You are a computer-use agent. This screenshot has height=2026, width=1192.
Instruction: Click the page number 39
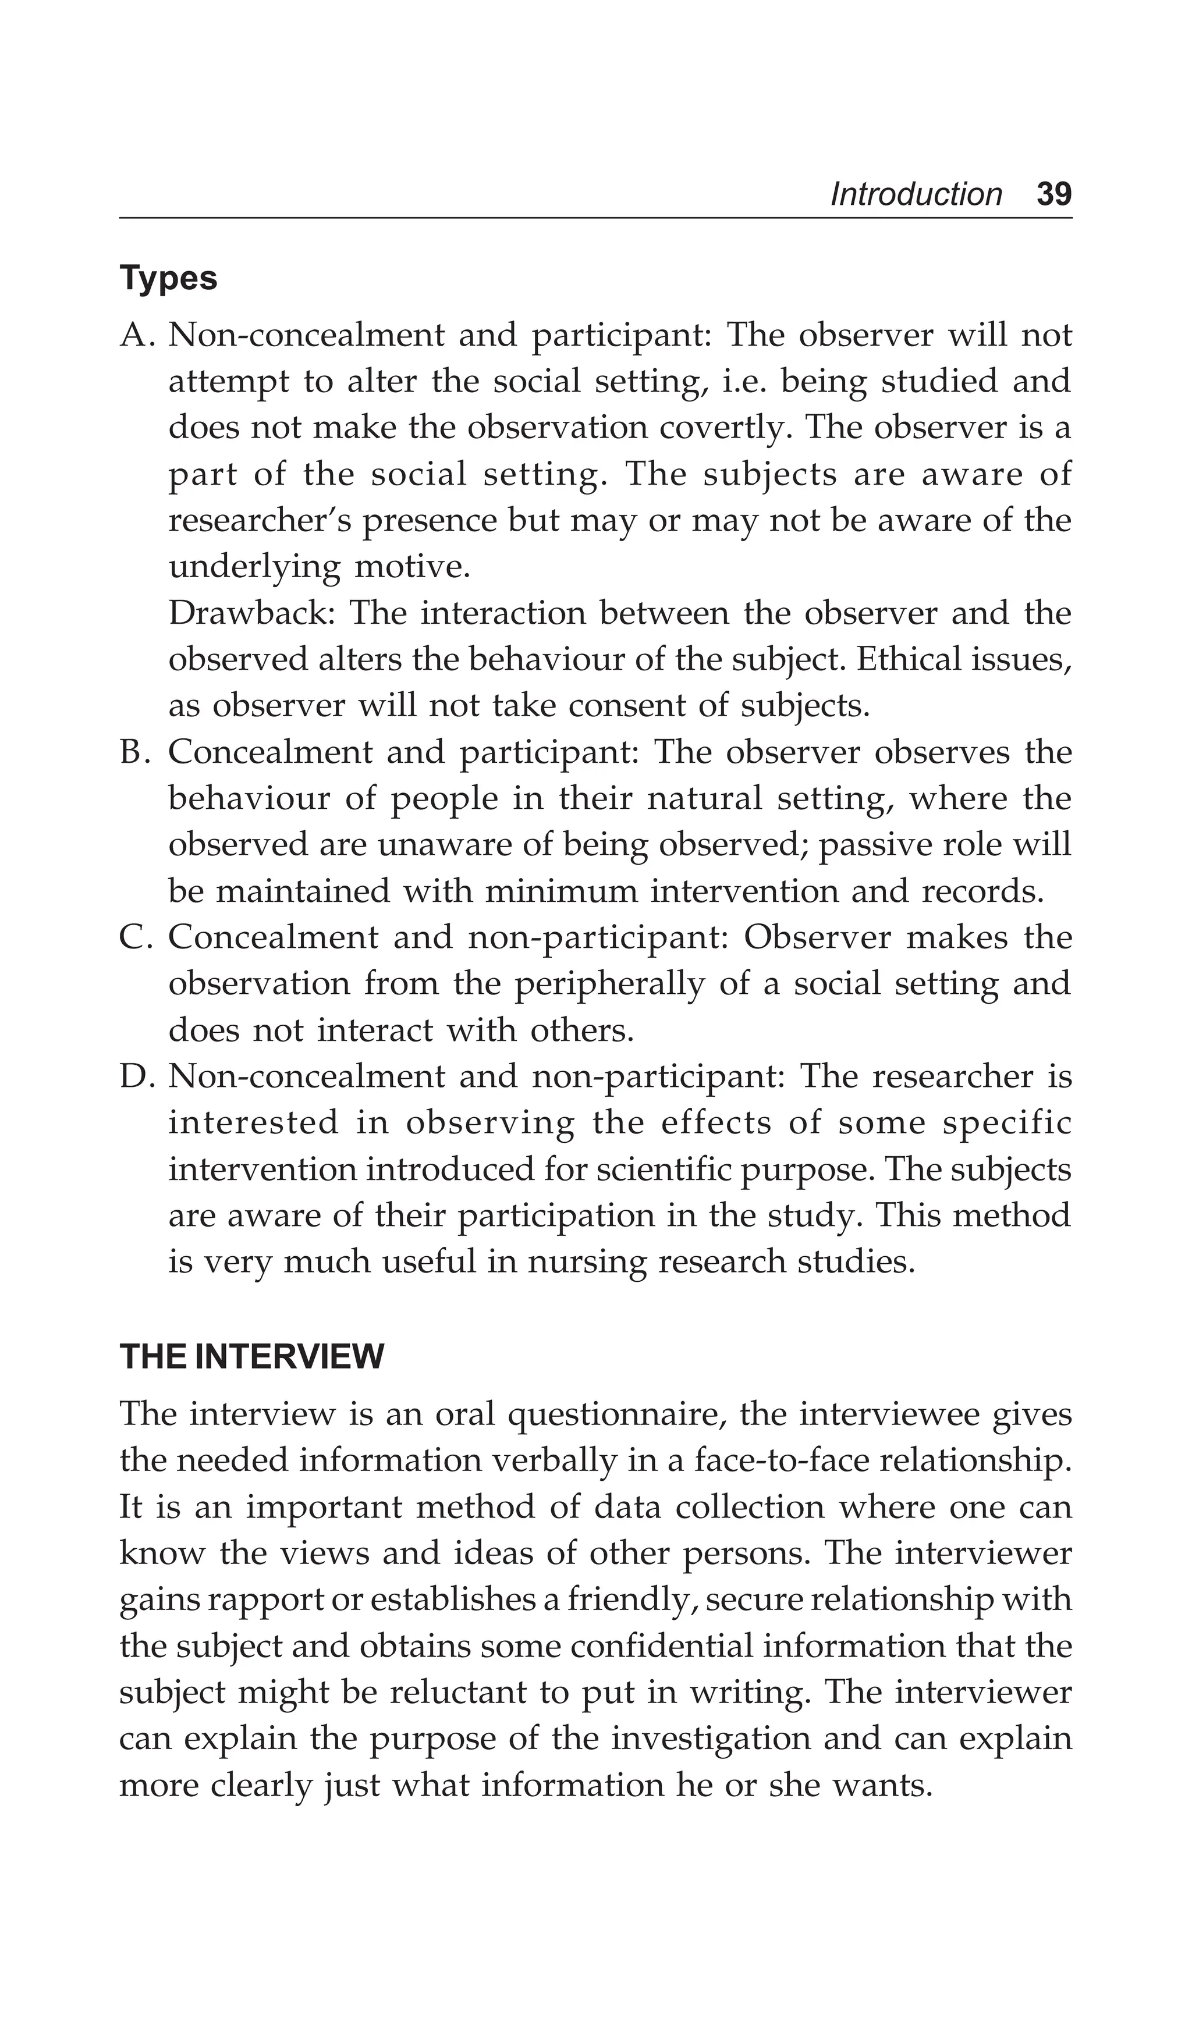[x=1053, y=194]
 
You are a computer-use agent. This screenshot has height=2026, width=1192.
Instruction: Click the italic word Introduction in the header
[x=916, y=194]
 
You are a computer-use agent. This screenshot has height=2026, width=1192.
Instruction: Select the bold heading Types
[x=169, y=279]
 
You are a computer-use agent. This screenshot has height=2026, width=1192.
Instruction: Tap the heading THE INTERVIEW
[x=252, y=1357]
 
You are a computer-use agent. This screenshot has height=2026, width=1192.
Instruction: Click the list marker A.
[x=137, y=335]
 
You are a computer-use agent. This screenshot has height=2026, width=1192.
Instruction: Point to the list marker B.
[x=137, y=752]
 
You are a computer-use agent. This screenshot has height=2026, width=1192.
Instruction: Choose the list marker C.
[x=137, y=937]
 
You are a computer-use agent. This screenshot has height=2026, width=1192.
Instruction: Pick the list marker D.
[x=137, y=1076]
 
